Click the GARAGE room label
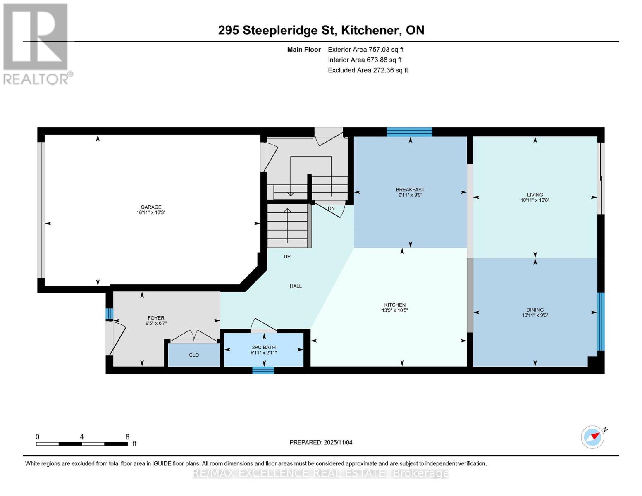(x=151, y=207)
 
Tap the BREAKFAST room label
(x=410, y=190)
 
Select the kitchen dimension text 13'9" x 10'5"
(x=395, y=310)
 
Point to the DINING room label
(x=535, y=310)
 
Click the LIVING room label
(x=535, y=195)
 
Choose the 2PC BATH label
(x=264, y=347)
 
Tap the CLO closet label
(x=194, y=355)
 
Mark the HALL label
(x=296, y=286)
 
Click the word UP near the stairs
(x=287, y=256)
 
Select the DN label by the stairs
(x=331, y=209)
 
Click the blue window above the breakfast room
(x=409, y=132)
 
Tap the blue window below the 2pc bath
(x=263, y=370)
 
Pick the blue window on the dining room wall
(x=601, y=321)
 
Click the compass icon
(x=592, y=436)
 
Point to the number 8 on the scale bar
(x=127, y=437)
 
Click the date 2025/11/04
(x=338, y=442)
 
